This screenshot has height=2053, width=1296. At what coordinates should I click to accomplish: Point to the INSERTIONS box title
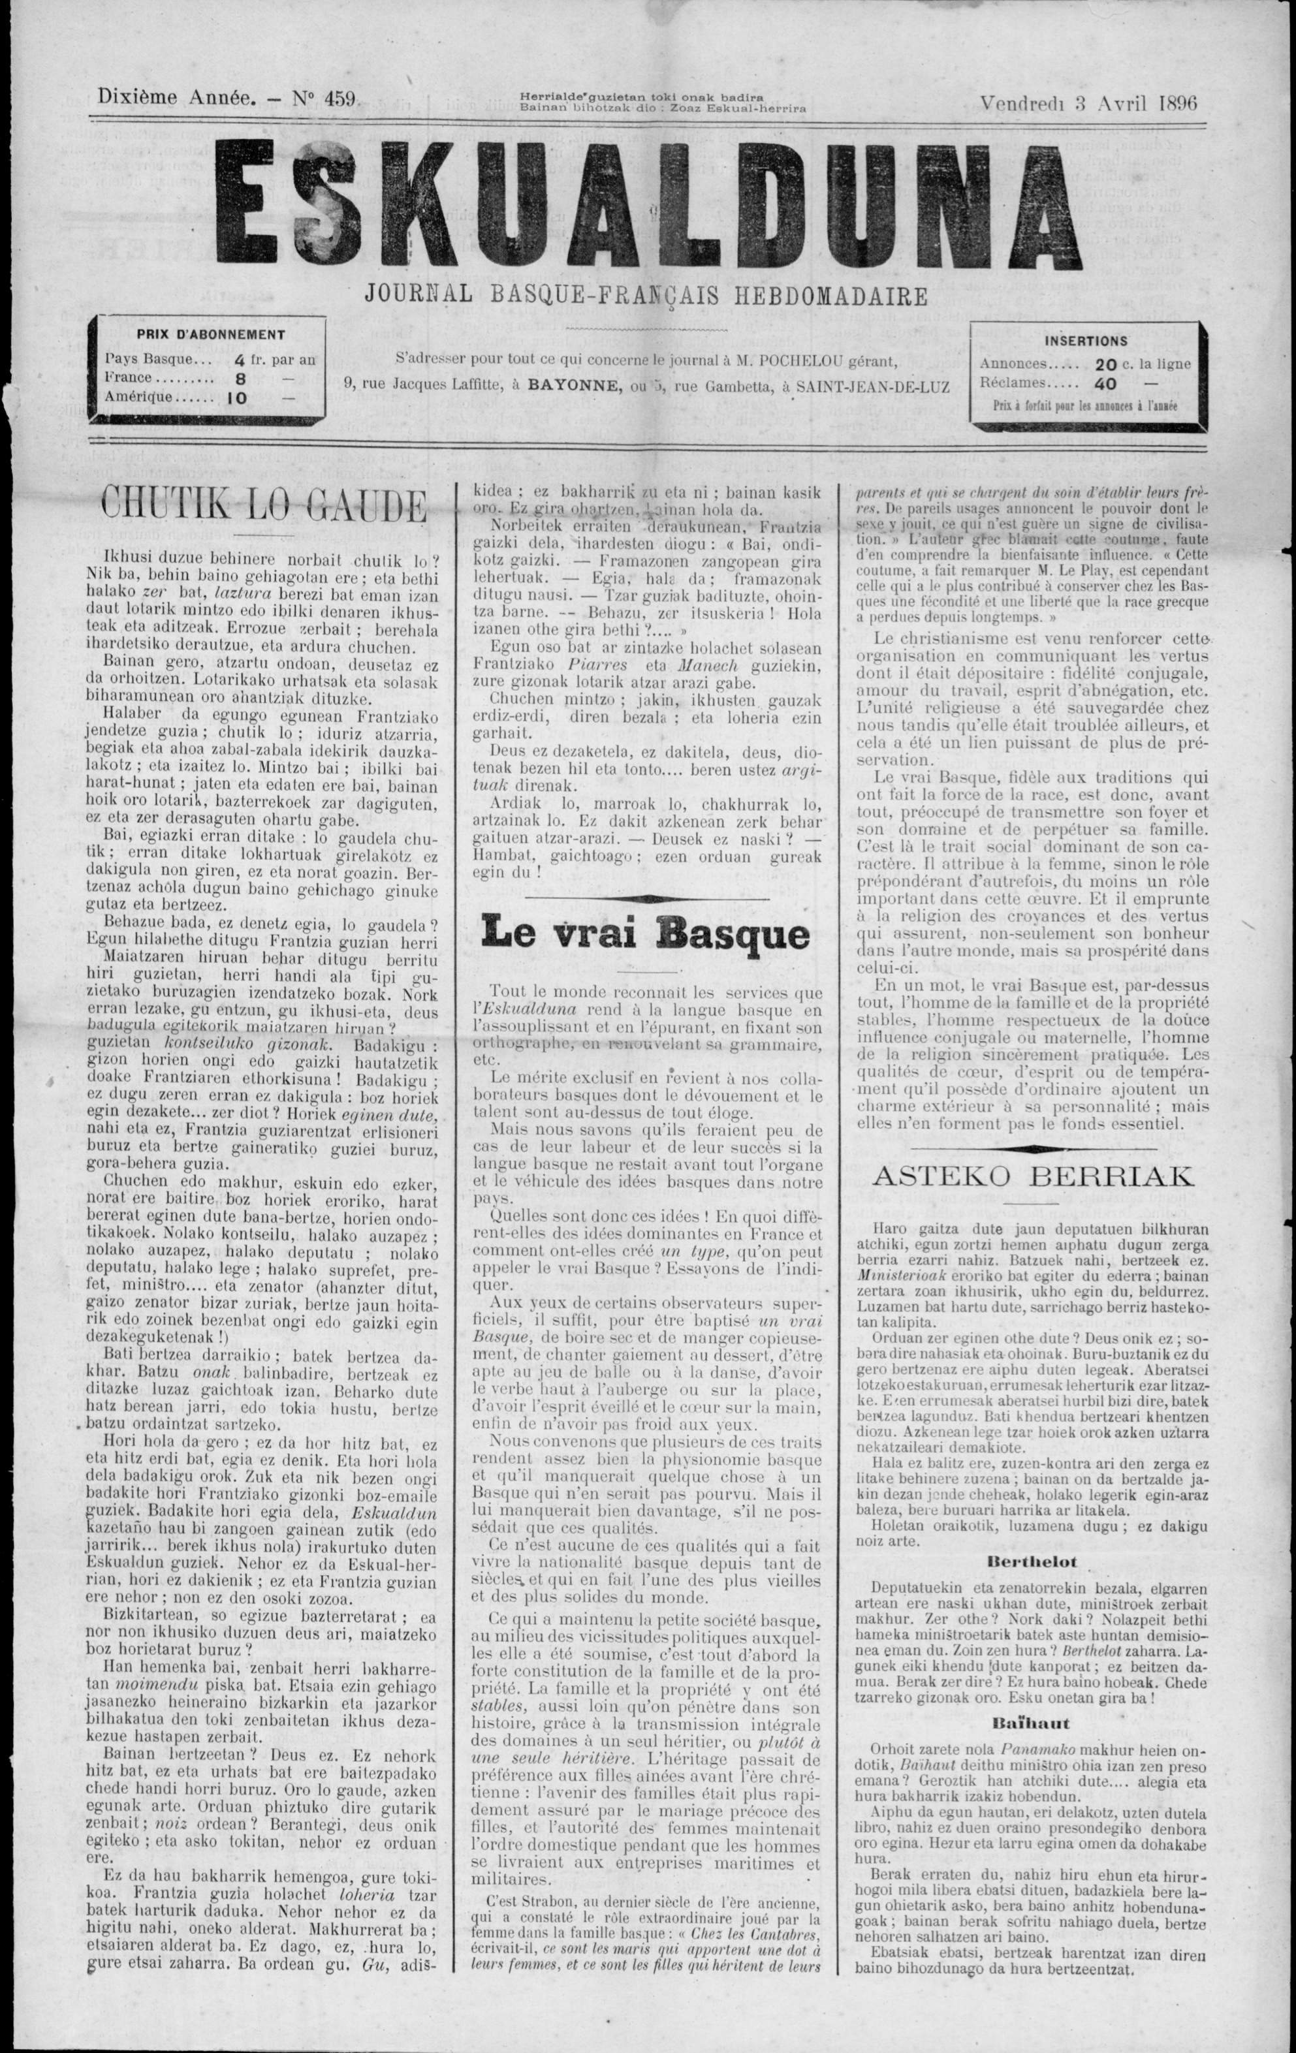coord(1086,340)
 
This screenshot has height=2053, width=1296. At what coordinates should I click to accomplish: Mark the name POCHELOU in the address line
coord(809,360)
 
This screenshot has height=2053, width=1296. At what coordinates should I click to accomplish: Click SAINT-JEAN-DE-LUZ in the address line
coord(873,385)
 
